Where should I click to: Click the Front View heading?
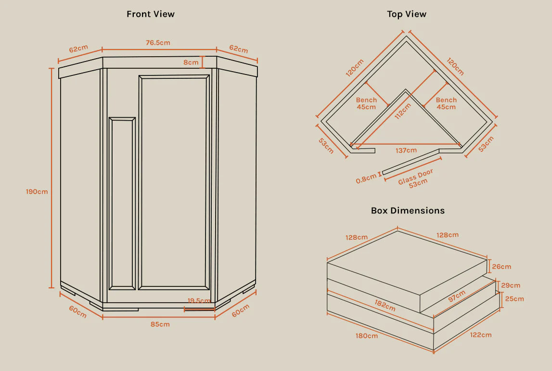coord(151,14)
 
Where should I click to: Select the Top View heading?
coord(407,14)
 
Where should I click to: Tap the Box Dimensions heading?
coord(408,210)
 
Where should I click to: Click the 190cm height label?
coord(37,192)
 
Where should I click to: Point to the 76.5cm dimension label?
coord(158,43)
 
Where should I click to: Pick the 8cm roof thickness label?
coord(191,62)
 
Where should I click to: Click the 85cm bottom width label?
coord(160,324)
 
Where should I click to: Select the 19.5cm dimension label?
coord(199,301)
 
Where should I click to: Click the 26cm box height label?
coord(501,266)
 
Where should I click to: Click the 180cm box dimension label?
coord(366,335)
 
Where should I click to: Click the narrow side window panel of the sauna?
coord(122,203)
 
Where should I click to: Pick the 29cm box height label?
coord(511,285)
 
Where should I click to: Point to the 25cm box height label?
coord(514,299)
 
